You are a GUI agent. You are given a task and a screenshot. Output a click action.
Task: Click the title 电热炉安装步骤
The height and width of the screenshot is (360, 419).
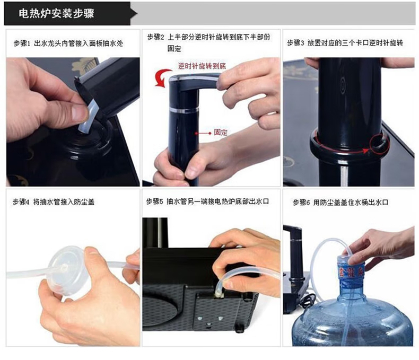tap(56, 13)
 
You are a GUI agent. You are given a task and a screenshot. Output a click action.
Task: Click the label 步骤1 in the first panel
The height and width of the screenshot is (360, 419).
tap(22, 43)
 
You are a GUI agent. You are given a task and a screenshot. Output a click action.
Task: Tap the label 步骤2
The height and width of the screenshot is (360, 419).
tap(156, 37)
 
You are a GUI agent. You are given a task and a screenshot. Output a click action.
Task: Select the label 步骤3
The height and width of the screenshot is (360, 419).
tap(295, 43)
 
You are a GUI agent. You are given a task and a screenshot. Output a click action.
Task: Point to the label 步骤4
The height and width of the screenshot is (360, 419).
tap(21, 201)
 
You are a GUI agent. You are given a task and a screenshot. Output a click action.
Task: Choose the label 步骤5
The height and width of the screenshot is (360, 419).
tap(154, 201)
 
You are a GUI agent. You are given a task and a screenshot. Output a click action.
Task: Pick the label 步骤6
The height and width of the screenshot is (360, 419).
tap(301, 202)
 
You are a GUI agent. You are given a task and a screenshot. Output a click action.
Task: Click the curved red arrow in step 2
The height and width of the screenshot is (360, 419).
tap(161, 77)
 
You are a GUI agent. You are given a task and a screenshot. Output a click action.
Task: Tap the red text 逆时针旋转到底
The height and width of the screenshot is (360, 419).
tap(202, 66)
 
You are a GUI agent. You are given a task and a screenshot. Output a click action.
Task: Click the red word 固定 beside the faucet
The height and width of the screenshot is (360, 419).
tap(221, 133)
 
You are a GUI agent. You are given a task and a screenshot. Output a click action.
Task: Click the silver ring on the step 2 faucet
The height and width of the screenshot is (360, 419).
tap(184, 109)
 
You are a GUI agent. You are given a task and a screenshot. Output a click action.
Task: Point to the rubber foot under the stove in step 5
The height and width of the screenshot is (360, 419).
tap(239, 328)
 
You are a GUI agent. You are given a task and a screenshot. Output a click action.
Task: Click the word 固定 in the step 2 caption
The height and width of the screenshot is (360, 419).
tap(174, 49)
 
